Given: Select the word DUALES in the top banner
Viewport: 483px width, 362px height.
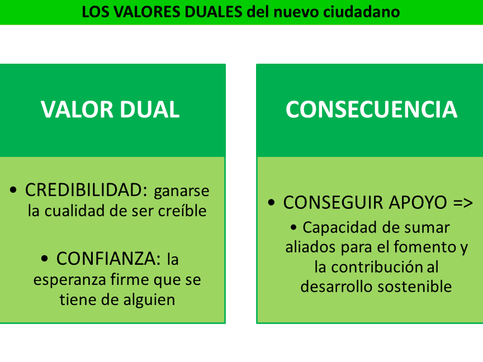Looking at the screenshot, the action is point(214,12).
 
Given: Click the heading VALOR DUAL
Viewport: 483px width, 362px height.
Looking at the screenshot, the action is point(110,109).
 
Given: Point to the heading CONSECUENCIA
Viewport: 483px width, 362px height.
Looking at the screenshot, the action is point(371,109).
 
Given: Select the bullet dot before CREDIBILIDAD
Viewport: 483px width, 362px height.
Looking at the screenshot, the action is point(13,189).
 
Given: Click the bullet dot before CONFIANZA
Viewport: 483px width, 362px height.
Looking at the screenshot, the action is point(45,258).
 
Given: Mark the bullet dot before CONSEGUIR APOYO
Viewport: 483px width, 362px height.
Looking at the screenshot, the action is point(271,203).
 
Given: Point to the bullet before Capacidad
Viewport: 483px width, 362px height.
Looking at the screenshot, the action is point(293,227).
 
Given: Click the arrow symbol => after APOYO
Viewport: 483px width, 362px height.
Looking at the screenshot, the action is point(463,203).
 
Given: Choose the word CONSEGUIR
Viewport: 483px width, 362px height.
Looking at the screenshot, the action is point(333,203).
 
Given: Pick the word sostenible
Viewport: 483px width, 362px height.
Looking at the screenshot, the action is point(415,286).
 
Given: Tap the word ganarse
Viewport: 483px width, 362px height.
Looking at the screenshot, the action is point(182,192).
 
